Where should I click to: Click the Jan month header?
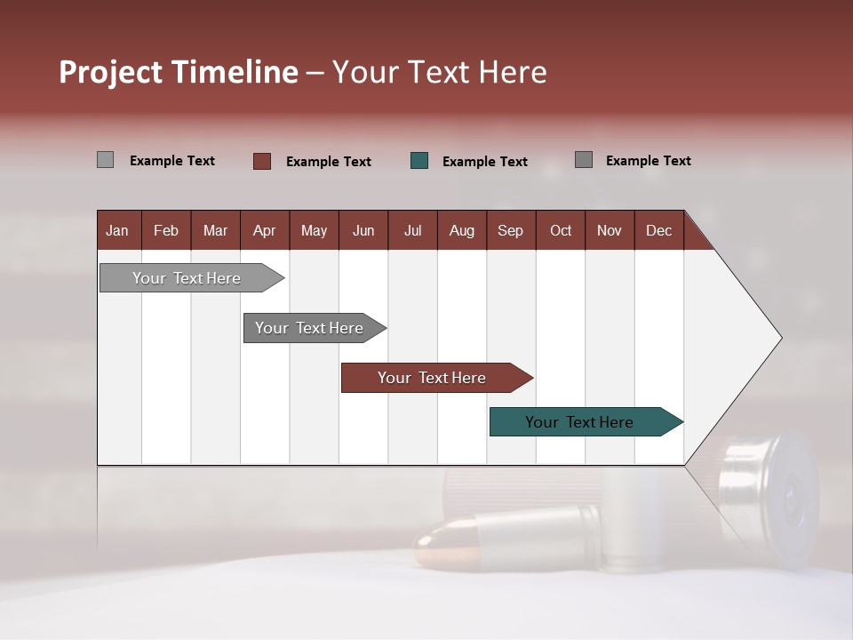(118, 230)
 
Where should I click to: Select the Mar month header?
(215, 230)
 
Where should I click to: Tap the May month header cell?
(314, 230)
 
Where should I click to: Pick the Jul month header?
(412, 230)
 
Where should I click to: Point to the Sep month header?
(510, 230)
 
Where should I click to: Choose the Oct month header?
(561, 230)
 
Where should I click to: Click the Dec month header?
(658, 230)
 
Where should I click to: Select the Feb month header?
(166, 230)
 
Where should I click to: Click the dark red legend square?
(261, 161)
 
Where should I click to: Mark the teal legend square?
(419, 161)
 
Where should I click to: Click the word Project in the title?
(112, 72)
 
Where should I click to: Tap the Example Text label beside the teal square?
(484, 162)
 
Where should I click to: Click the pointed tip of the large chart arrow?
(780, 338)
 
